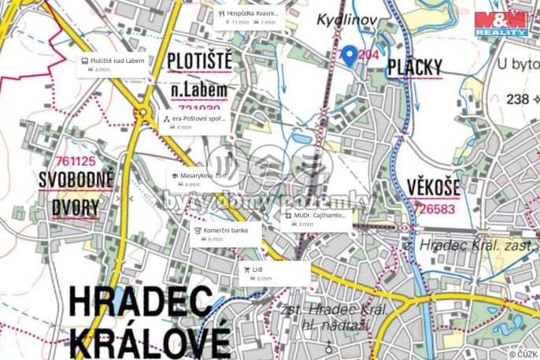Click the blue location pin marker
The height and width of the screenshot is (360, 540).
[350, 55]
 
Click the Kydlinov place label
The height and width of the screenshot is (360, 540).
[348, 20]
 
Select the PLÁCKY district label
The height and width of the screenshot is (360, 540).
[415, 68]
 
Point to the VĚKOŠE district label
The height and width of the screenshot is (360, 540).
[434, 187]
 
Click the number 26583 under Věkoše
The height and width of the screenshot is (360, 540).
[438, 210]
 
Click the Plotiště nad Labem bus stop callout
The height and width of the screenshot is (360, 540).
[114, 65]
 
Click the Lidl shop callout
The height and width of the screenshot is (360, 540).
[276, 273]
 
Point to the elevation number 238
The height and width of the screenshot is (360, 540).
[517, 99]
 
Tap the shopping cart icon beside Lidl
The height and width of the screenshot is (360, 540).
[246, 269]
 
